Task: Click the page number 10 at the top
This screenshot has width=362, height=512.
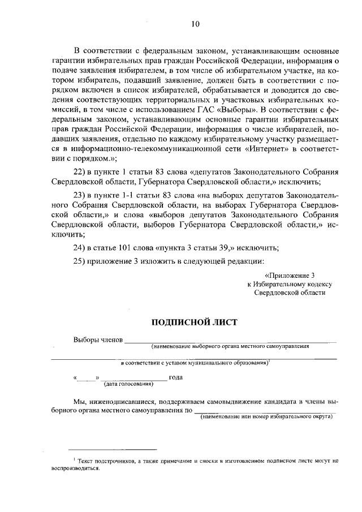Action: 195,24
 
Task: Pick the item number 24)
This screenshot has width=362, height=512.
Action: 81,248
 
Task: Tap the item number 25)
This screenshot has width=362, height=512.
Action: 81,261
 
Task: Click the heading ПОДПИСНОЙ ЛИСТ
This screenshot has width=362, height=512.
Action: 194,322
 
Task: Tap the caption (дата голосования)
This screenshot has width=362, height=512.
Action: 128,384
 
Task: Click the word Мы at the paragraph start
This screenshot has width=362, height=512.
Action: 79,400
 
